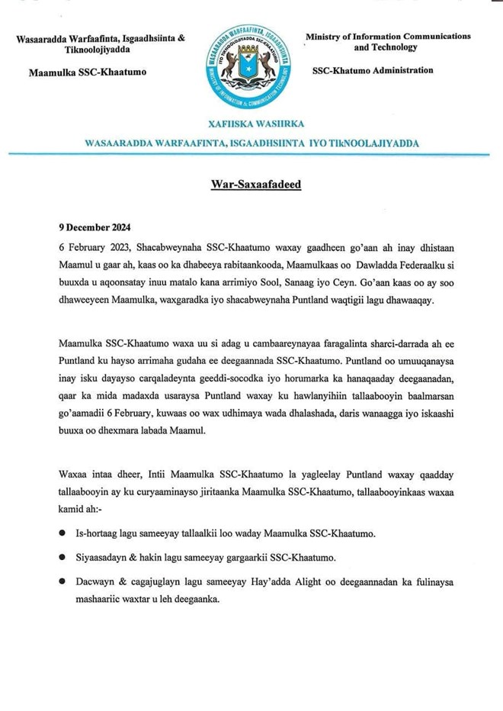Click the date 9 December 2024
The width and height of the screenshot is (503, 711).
pyautogui.click(x=95, y=227)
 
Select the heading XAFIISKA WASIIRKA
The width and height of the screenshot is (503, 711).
pyautogui.click(x=251, y=124)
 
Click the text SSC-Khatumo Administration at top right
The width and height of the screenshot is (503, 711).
pyautogui.click(x=373, y=70)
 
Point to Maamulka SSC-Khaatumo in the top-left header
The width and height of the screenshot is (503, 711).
pyautogui.click(x=87, y=72)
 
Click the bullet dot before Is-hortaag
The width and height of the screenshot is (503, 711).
pyautogui.click(x=62, y=532)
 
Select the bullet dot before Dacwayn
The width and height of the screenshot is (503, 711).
pyautogui.click(x=62, y=582)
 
